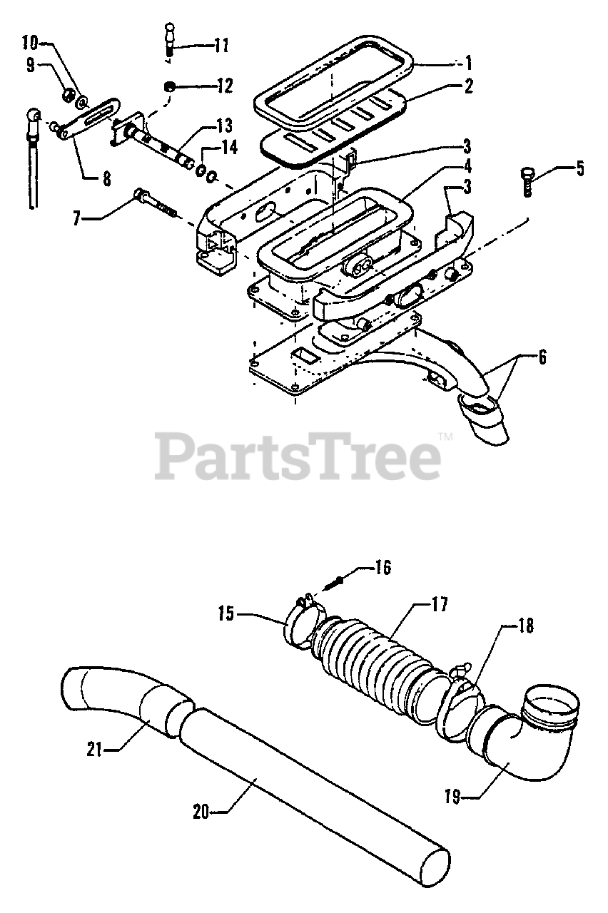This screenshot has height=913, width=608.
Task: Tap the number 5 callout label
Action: coord(579,169)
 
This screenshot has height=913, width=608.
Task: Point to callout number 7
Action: coord(78,218)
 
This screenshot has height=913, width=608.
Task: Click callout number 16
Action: coord(382,568)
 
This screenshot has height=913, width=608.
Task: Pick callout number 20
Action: coord(202,812)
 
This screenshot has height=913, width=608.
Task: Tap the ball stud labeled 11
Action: coord(171,39)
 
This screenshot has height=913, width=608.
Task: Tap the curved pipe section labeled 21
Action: coord(121,703)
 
